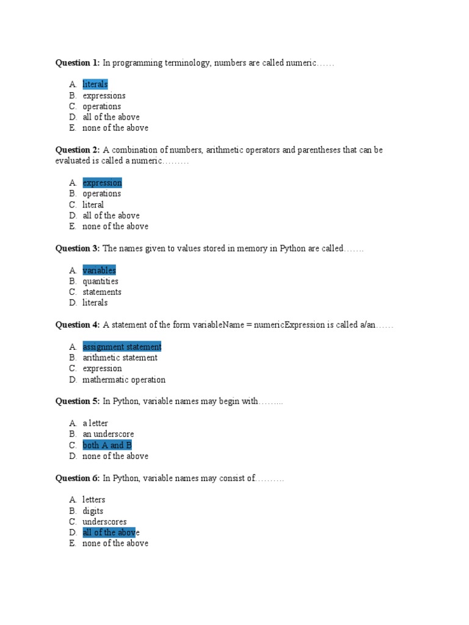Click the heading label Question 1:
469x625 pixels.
(78, 63)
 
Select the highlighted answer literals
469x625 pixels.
(95, 84)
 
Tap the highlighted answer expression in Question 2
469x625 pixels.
(102, 182)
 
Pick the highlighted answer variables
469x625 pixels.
(99, 270)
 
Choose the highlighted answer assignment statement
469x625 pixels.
(122, 347)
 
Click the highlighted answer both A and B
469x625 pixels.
(107, 445)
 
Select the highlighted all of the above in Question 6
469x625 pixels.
(109, 533)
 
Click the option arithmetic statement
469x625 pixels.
(120, 358)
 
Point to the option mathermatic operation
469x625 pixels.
(124, 380)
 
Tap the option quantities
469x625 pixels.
(100, 281)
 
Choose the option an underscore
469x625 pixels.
(108, 434)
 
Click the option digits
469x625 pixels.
(93, 511)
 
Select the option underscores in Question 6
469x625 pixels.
(104, 522)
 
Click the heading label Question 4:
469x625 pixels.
(78, 325)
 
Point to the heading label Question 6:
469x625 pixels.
(78, 479)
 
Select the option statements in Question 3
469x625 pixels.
(101, 292)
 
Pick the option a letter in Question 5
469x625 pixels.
(95, 423)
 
